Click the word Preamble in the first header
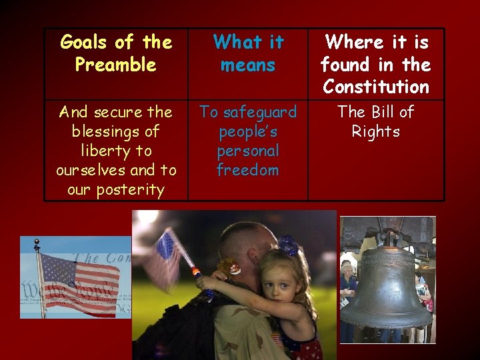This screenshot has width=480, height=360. point(115,65)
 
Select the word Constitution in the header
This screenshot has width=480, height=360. point(376,87)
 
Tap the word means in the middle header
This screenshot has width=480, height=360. point(247,65)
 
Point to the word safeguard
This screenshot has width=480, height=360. point(258,112)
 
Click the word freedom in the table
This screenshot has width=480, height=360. point(247,170)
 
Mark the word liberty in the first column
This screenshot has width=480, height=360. point(116,151)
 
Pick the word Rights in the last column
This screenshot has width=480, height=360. point(376,131)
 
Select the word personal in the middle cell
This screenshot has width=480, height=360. point(247,151)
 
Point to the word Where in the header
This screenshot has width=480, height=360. point(353,42)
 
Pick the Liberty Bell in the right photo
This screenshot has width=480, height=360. point(387,287)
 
